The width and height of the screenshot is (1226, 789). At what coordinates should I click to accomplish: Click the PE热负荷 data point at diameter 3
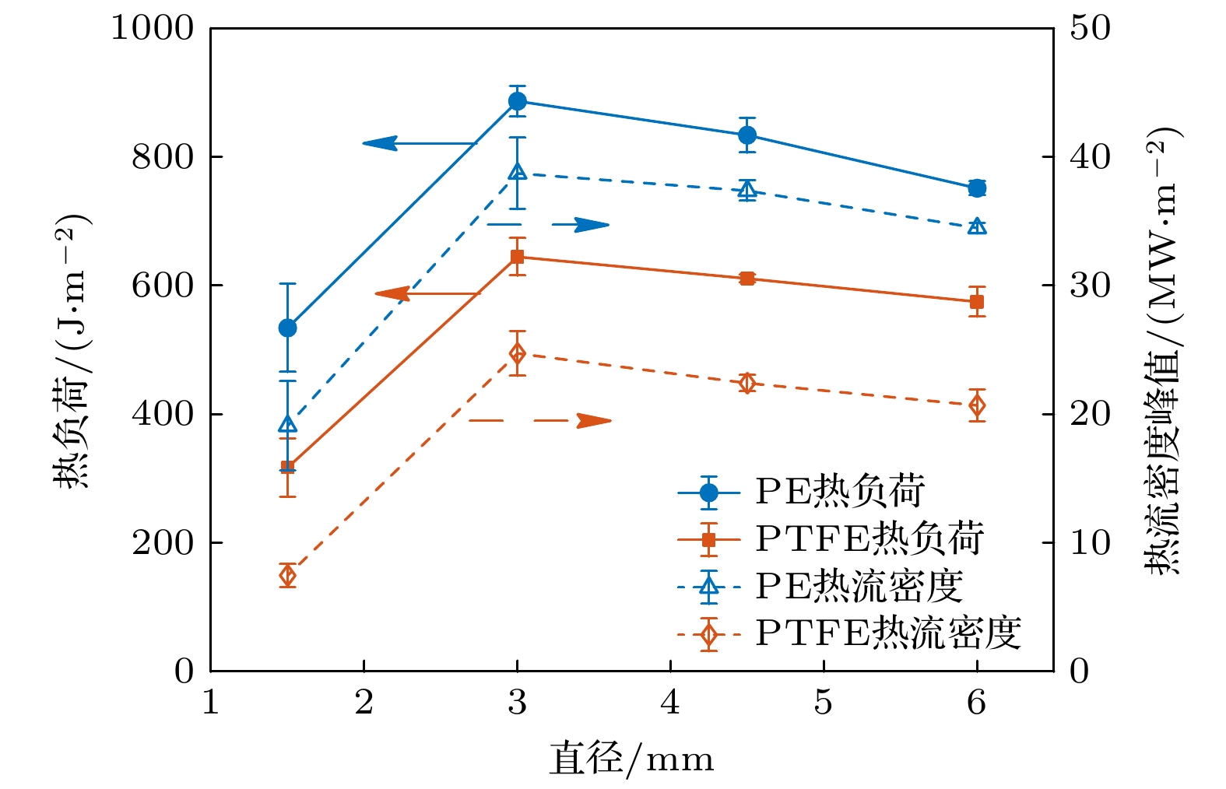pos(517,101)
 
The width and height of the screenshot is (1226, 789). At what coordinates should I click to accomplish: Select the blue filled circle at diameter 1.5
pos(287,328)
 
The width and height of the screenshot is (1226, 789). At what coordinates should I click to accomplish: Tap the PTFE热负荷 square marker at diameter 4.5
pos(747,279)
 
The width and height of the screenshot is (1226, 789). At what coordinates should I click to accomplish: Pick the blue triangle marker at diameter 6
pos(977,226)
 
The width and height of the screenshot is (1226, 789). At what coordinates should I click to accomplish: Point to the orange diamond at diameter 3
pos(517,354)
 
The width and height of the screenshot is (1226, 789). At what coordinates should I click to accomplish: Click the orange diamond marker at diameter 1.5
pos(287,576)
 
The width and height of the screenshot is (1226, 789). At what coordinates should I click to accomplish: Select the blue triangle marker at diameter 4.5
pos(747,190)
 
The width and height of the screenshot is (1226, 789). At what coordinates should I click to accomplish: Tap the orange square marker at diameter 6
pos(977,302)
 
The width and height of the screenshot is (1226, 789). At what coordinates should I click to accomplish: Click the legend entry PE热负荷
pos(839,492)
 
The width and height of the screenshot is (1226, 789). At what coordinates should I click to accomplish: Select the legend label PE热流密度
pos(859,587)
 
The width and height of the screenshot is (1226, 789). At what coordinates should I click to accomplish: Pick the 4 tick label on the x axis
pos(670,703)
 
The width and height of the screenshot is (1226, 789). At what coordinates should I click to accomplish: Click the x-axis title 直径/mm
pos(631,759)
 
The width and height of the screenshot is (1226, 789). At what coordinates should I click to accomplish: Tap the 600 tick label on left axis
pos(163,286)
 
